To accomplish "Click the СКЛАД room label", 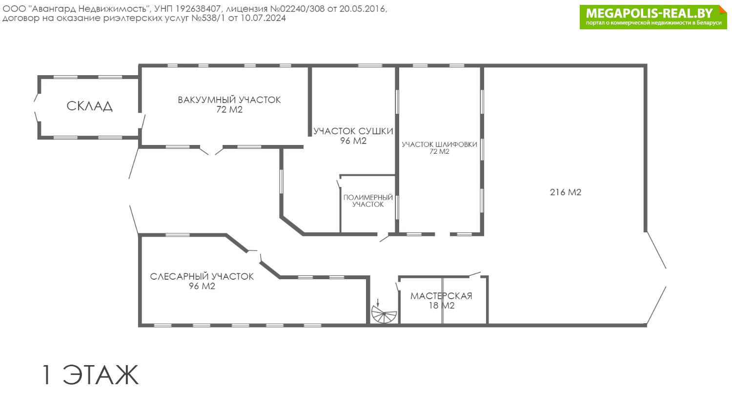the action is click(x=89, y=106).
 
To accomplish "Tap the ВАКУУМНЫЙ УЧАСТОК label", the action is click(x=229, y=100).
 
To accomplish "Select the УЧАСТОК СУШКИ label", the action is click(x=353, y=131).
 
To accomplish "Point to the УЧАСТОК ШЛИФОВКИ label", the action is click(x=439, y=144).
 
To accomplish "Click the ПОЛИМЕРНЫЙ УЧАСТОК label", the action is click(x=368, y=201).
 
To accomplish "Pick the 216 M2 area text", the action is click(x=565, y=192).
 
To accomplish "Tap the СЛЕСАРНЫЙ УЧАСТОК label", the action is click(x=202, y=277).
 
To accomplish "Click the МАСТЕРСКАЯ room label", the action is click(x=441, y=296).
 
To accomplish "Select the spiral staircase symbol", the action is click(x=384, y=314).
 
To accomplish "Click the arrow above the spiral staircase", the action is click(x=378, y=303).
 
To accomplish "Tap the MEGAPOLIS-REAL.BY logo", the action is click(x=653, y=17).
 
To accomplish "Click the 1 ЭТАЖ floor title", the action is click(x=90, y=375).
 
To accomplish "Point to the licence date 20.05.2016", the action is click(x=362, y=9).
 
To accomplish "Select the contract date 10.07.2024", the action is click(x=263, y=18).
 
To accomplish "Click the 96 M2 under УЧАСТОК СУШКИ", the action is click(x=353, y=141).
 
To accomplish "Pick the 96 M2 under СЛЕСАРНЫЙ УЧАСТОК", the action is click(x=202, y=286).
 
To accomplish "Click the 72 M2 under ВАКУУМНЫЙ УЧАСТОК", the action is click(x=229, y=109).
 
